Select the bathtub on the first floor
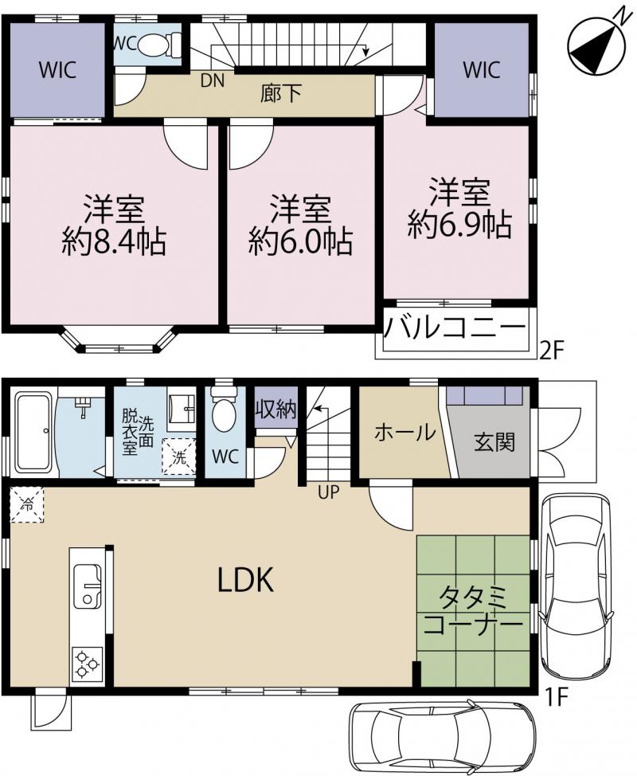pyautogui.click(x=33, y=432)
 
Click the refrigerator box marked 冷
pyautogui.click(x=27, y=504)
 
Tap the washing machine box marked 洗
pyautogui.click(x=179, y=457)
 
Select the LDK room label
pyautogui.click(x=246, y=581)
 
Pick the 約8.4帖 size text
pyautogui.click(x=114, y=242)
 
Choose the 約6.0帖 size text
pyautogui.click(x=301, y=242)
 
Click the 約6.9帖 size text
pyautogui.click(x=459, y=225)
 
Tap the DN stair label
pyautogui.click(x=213, y=80)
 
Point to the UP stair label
pyautogui.click(x=329, y=492)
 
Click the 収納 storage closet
pyautogui.click(x=276, y=409)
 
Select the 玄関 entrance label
pyautogui.click(x=494, y=442)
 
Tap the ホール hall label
pyautogui.click(x=405, y=433)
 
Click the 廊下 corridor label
pyautogui.click(x=281, y=93)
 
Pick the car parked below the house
pyautogui.click(x=442, y=737)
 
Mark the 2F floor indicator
pyautogui.click(x=552, y=351)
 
